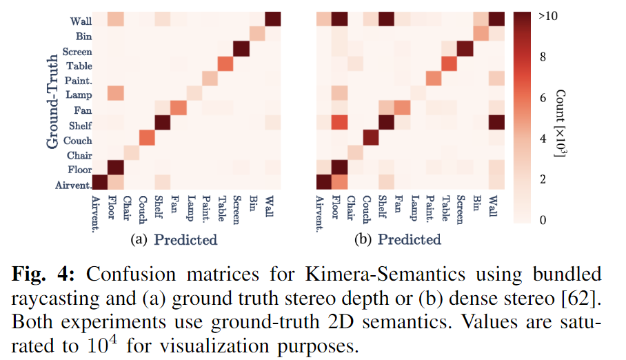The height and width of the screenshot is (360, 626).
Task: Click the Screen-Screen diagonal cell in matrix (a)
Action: point(241,50)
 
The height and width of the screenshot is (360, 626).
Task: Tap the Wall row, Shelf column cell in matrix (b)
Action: point(385,20)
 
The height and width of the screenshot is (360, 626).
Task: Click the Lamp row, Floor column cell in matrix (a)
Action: point(115,94)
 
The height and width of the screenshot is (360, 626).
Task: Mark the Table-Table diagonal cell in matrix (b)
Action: point(448,64)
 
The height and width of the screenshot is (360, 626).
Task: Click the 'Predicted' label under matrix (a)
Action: point(185,240)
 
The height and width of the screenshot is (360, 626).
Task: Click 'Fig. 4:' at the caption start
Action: point(48,273)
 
